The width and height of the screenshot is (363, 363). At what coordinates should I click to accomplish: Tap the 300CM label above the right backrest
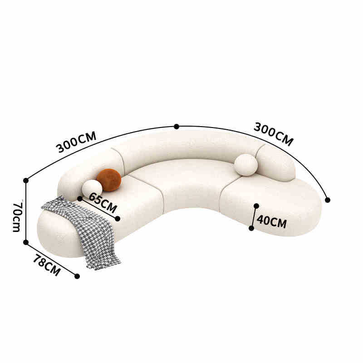click(273, 134)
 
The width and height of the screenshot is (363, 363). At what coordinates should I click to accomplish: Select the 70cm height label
click(16, 216)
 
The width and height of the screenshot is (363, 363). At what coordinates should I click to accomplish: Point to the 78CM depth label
click(46, 265)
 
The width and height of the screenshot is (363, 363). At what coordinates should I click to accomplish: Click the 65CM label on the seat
click(103, 203)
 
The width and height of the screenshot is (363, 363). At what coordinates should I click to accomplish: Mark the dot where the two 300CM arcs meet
click(177, 127)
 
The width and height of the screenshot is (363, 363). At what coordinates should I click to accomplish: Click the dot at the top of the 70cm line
click(26, 180)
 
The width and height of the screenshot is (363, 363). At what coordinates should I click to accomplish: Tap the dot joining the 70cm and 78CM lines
click(26, 242)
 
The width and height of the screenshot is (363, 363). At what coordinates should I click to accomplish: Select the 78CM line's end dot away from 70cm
click(77, 276)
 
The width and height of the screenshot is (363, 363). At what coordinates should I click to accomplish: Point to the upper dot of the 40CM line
click(256, 206)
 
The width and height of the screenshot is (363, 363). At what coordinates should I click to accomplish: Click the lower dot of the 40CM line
click(251, 228)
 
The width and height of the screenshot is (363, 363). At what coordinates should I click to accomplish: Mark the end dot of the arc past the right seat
click(328, 200)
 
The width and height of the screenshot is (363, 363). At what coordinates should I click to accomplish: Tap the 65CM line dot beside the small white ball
click(80, 198)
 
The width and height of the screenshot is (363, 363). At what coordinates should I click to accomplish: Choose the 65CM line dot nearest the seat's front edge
click(118, 219)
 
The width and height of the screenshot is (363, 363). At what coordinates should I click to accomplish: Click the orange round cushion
click(109, 180)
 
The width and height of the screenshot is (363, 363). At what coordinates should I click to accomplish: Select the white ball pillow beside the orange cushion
click(92, 189)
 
